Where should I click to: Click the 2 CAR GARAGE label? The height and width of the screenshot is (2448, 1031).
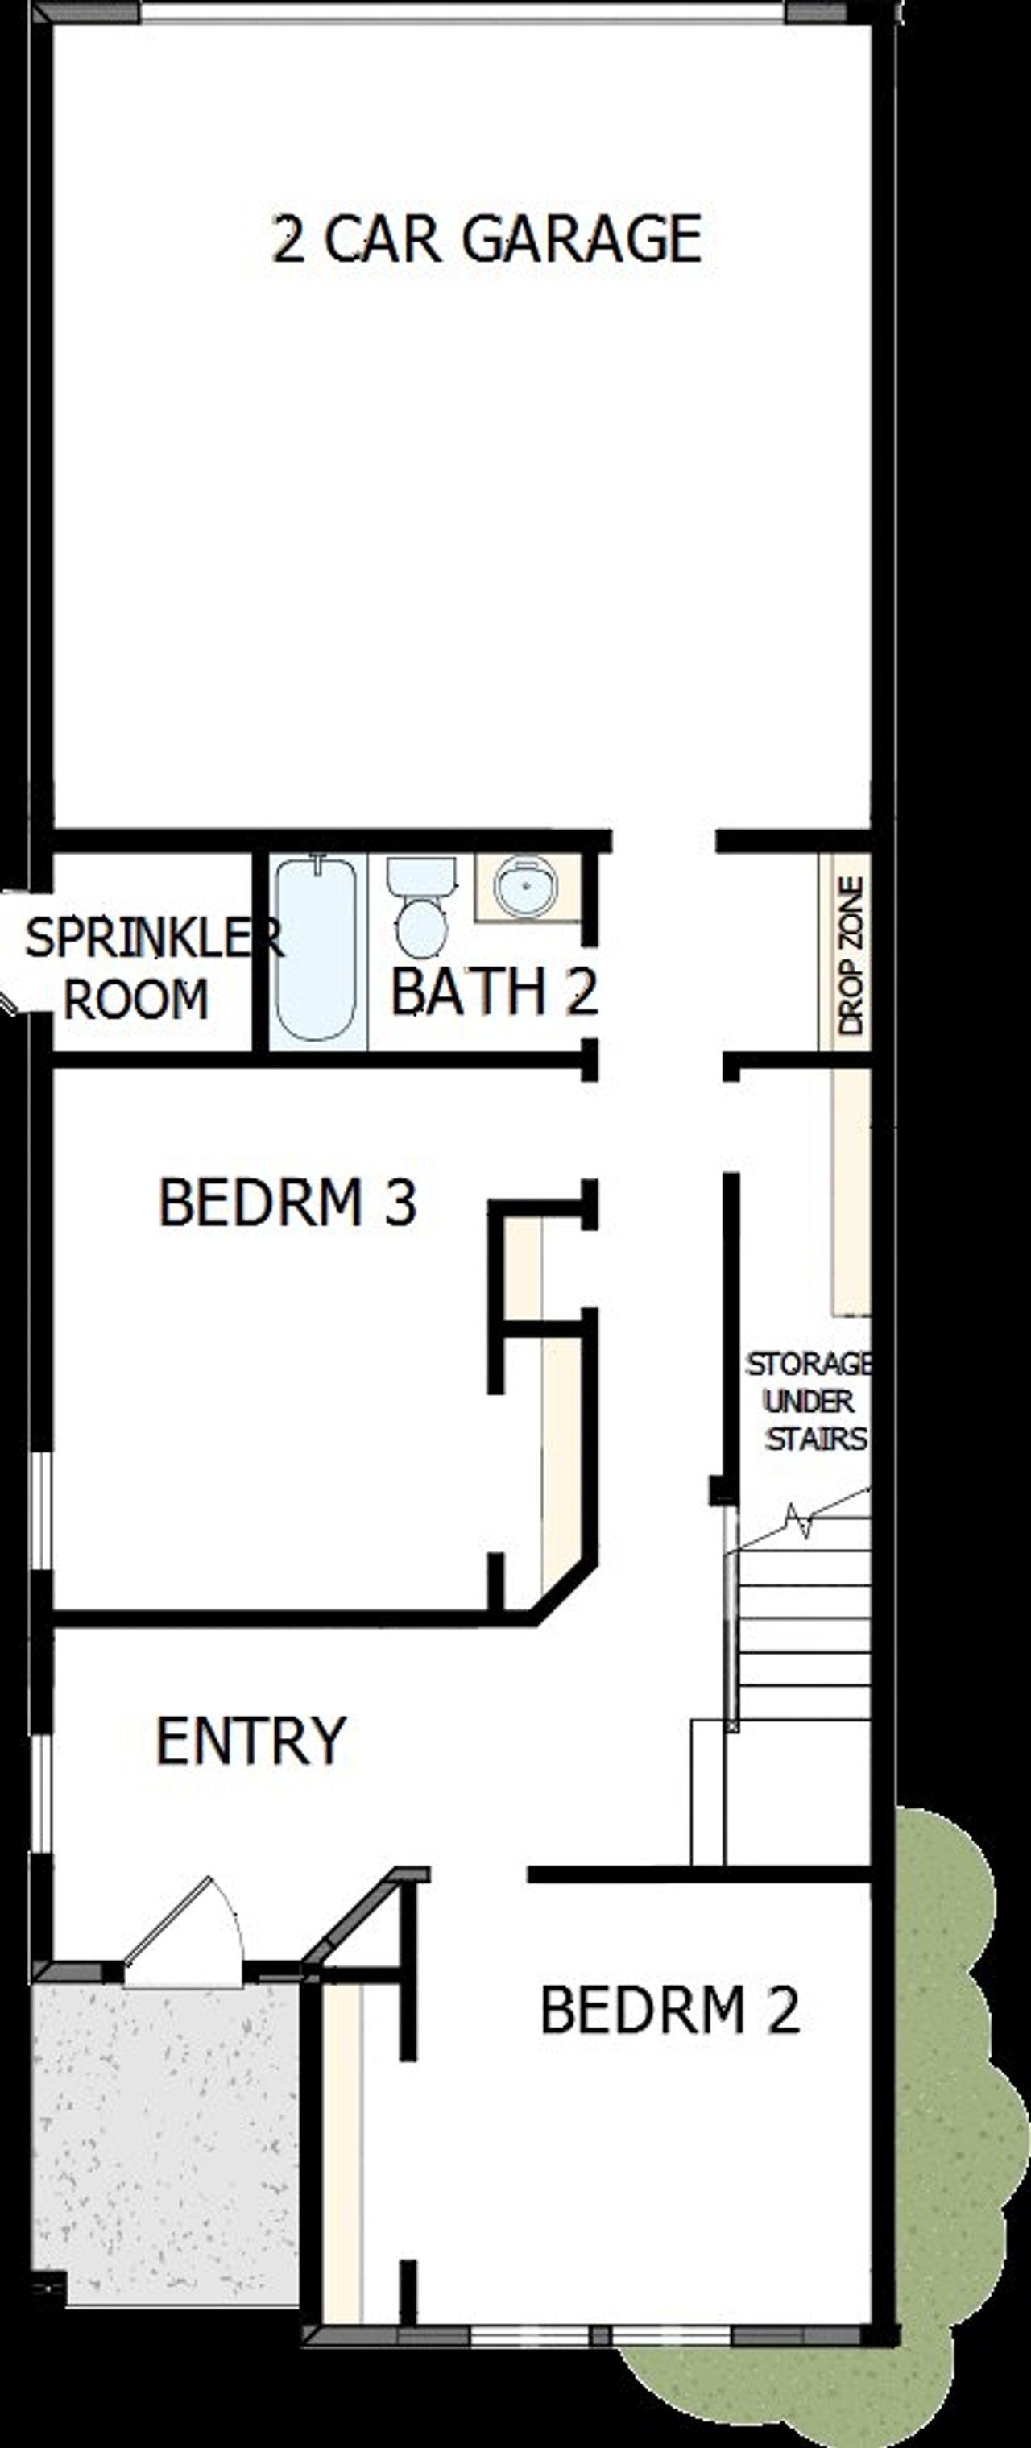(x=487, y=238)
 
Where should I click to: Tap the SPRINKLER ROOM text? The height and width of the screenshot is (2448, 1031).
(x=143, y=969)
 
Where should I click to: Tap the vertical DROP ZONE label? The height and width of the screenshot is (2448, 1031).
(x=851, y=955)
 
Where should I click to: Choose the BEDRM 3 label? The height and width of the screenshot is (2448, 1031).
(x=287, y=1202)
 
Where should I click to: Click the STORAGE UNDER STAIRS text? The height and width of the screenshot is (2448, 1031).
(x=810, y=1402)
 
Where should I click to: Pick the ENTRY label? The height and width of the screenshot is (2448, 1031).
(x=251, y=1742)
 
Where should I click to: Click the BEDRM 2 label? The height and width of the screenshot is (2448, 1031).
(x=670, y=2011)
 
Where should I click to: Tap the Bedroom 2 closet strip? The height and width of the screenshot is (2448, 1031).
(x=342, y=2148)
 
